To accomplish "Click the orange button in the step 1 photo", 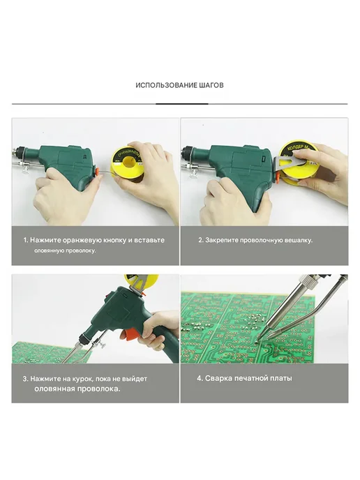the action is click(97, 171).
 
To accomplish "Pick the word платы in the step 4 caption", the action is click(281, 379).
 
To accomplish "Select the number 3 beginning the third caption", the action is click(25, 379).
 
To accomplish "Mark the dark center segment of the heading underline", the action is click(182, 104).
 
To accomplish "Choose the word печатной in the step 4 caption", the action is click(251, 378).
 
